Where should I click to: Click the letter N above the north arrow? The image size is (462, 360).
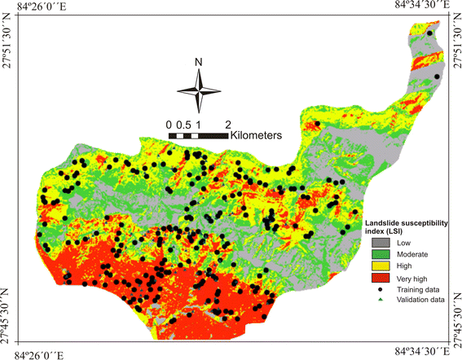(198, 62)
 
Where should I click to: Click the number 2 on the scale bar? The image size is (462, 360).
(228, 124)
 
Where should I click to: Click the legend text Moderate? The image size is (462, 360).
(413, 255)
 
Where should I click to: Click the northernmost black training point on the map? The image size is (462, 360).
(429, 33)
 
